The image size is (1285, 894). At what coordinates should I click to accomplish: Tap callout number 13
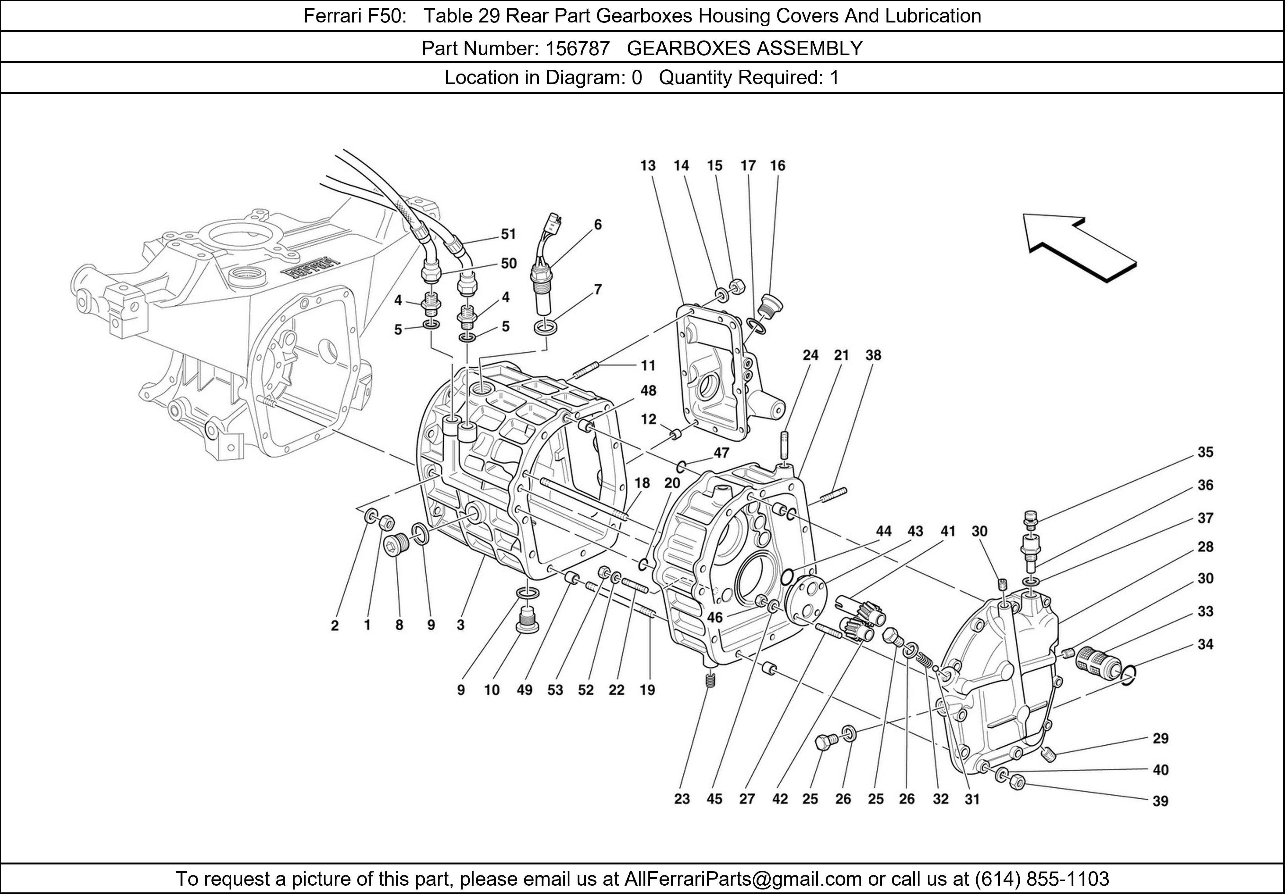click(648, 166)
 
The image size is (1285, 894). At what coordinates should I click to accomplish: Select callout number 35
click(1205, 452)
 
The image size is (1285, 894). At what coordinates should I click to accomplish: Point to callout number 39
click(1160, 801)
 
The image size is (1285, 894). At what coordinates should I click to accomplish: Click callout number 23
click(682, 799)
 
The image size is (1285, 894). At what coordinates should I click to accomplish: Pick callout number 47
click(721, 452)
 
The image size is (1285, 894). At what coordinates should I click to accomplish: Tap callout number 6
click(598, 224)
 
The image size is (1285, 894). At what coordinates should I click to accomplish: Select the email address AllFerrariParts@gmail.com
click(743, 879)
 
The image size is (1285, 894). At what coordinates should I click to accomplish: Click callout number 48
click(648, 390)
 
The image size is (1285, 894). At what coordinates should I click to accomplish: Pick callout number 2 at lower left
click(335, 626)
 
